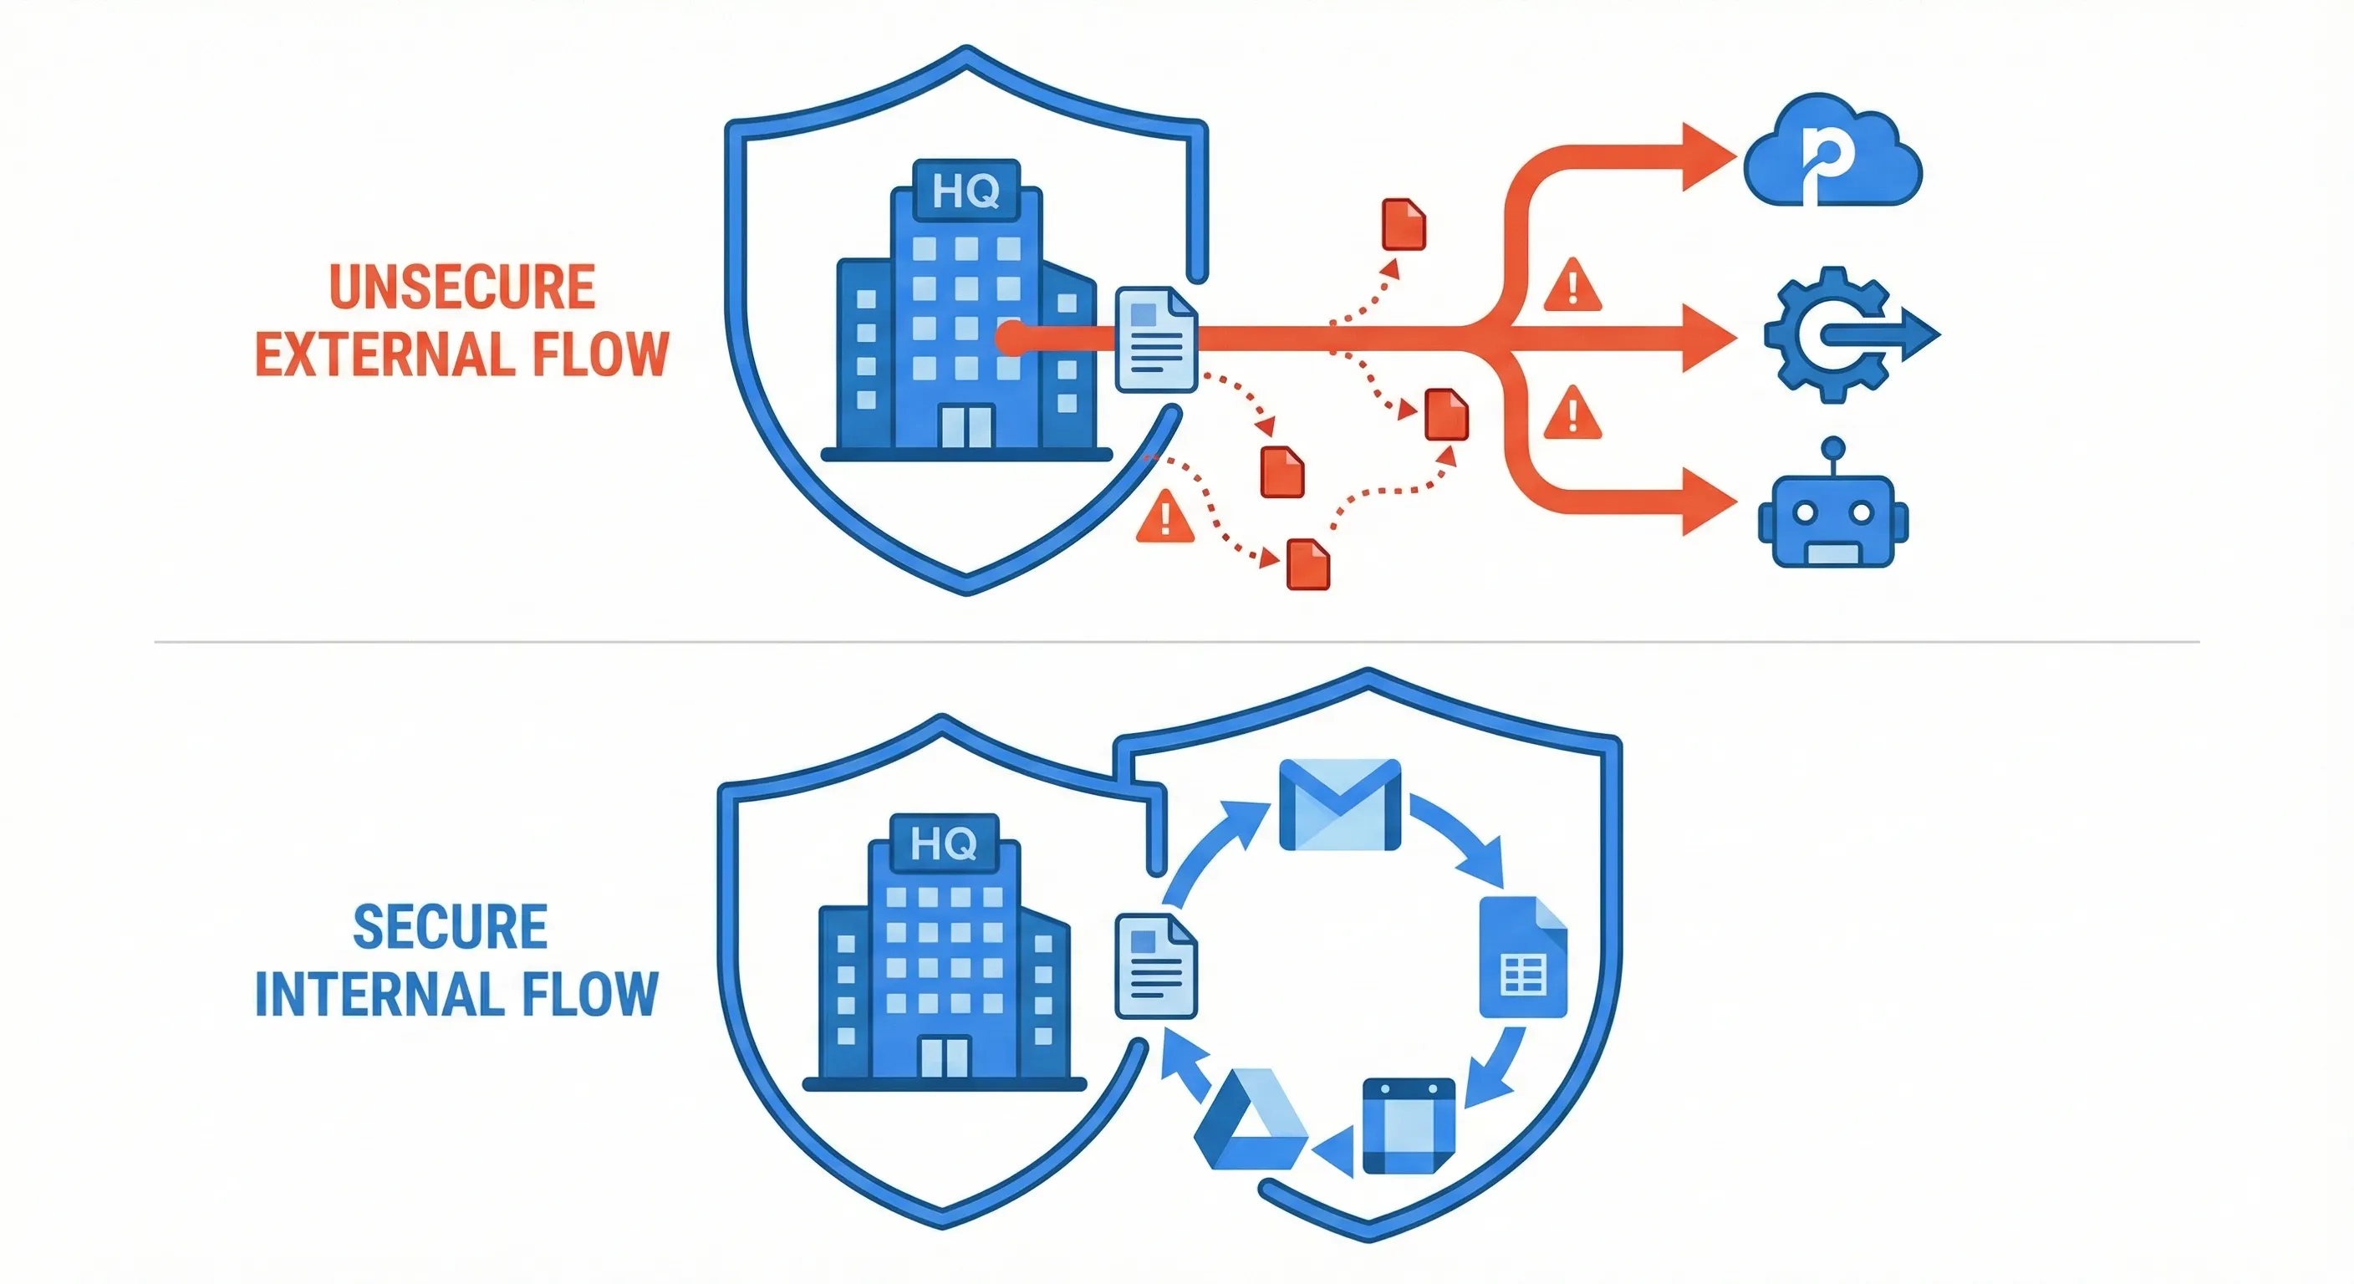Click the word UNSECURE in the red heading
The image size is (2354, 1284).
[x=461, y=287]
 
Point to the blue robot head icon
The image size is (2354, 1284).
[x=1832, y=518]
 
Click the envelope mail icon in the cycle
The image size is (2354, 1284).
[x=1340, y=805]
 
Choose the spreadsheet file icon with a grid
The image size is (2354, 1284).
[x=1523, y=958]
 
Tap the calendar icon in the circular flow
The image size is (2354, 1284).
[x=1409, y=1126]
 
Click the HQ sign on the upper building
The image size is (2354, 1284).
[x=966, y=191]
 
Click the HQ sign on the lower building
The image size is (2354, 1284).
[x=944, y=843]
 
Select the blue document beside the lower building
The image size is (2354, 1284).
[x=1156, y=966]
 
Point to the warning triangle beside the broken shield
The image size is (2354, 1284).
[x=1165, y=518]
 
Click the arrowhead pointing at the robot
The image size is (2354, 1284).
[x=1706, y=501]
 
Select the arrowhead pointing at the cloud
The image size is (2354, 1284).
[x=1706, y=157]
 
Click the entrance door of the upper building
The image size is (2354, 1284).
[x=966, y=425]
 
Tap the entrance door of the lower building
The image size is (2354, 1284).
[x=944, y=1057]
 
